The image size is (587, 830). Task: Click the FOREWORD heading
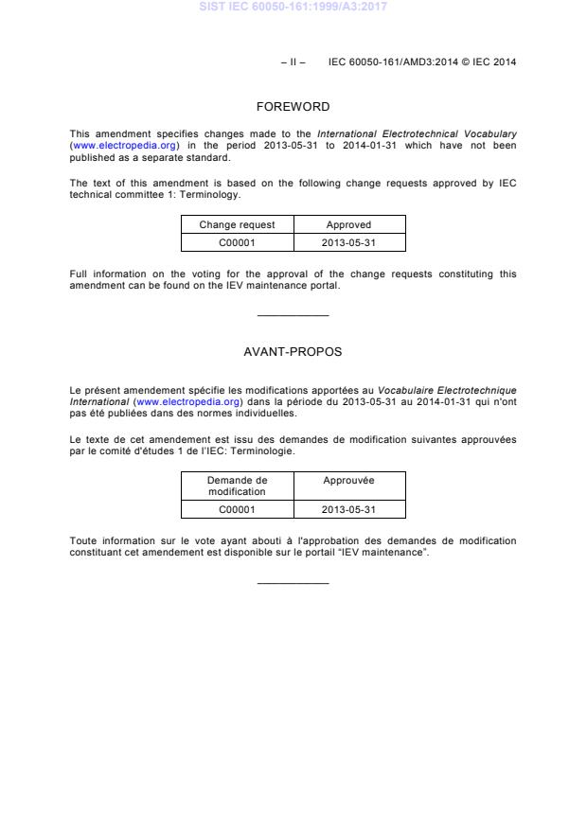[293, 107]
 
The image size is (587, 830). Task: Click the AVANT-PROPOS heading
[293, 351]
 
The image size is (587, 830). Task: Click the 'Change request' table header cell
[237, 225]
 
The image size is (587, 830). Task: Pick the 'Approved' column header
[348, 225]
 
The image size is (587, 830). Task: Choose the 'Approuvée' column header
[348, 481]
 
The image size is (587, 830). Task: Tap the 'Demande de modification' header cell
[237, 486]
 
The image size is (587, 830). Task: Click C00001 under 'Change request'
[237, 242]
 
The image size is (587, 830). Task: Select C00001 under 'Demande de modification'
[237, 509]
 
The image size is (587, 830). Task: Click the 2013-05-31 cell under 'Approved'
[348, 242]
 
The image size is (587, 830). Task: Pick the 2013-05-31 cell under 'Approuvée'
[348, 509]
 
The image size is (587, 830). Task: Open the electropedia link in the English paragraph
[125, 146]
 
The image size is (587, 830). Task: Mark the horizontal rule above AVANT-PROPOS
[293, 315]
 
